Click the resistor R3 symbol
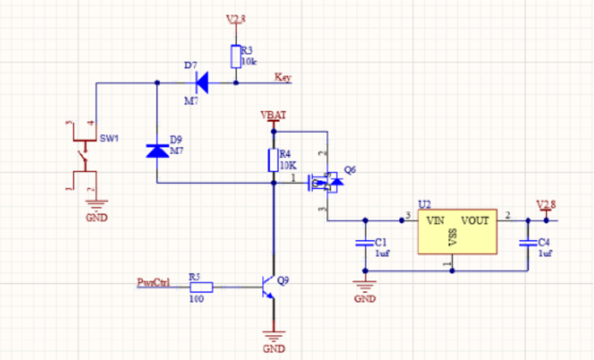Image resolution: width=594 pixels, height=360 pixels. click(235, 56)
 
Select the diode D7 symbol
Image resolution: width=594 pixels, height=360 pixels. click(202, 83)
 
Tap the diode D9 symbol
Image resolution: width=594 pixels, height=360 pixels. click(157, 150)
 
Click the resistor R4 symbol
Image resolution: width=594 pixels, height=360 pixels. click(273, 160)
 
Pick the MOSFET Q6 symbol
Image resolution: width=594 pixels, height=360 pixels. click(325, 180)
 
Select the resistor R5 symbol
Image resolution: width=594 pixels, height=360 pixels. click(200, 287)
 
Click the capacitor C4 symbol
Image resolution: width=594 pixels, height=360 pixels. click(528, 244)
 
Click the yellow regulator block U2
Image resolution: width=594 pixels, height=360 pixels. click(457, 233)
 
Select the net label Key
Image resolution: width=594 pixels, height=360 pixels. click(283, 78)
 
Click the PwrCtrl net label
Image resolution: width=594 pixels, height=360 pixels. click(154, 281)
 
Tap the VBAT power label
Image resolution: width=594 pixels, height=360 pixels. click(273, 115)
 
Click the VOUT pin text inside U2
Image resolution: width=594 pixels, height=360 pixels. click(474, 220)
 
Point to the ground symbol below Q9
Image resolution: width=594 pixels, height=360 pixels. click(273, 338)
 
